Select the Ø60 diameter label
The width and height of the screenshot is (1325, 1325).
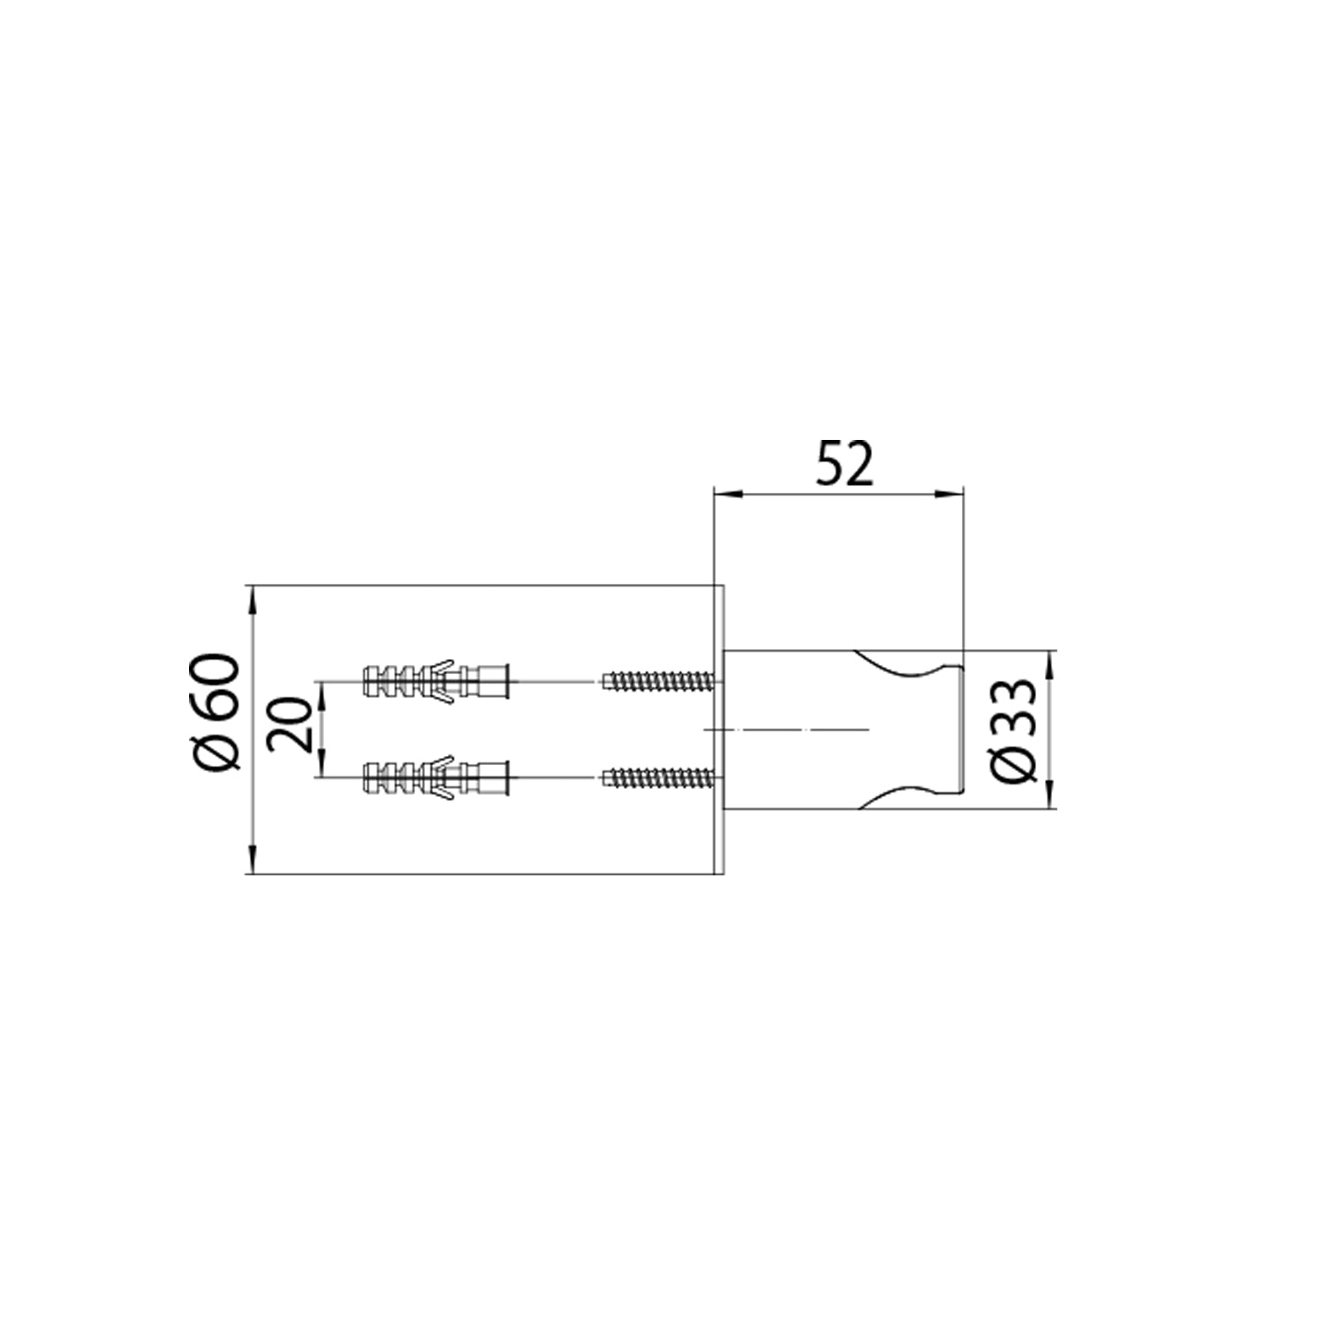coord(217,712)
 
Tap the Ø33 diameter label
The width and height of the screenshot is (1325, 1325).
coord(1012,729)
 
